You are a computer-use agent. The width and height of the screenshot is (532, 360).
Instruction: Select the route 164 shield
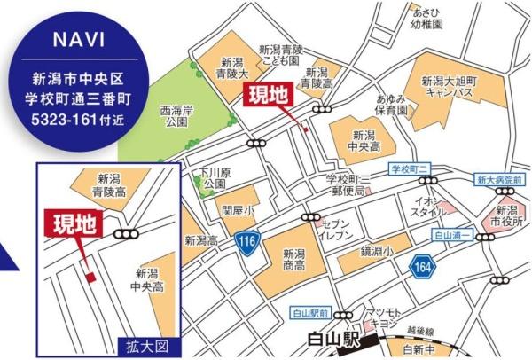tap(421, 263)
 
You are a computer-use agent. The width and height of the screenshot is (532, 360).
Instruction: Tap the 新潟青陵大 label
tap(233, 69)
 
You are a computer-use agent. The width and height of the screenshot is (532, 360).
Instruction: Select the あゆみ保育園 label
tap(391, 106)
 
